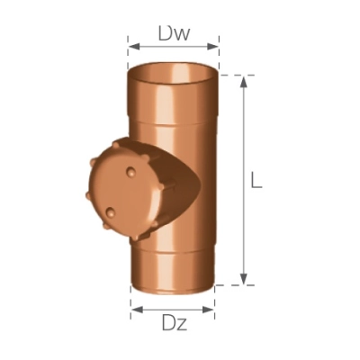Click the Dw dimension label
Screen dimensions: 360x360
(173, 33)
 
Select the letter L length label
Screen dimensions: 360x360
(256, 180)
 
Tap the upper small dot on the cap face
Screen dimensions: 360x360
(127, 168)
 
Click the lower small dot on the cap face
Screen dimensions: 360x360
(112, 212)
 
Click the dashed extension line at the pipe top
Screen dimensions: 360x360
(236, 76)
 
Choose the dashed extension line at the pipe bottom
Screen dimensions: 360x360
(236, 284)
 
